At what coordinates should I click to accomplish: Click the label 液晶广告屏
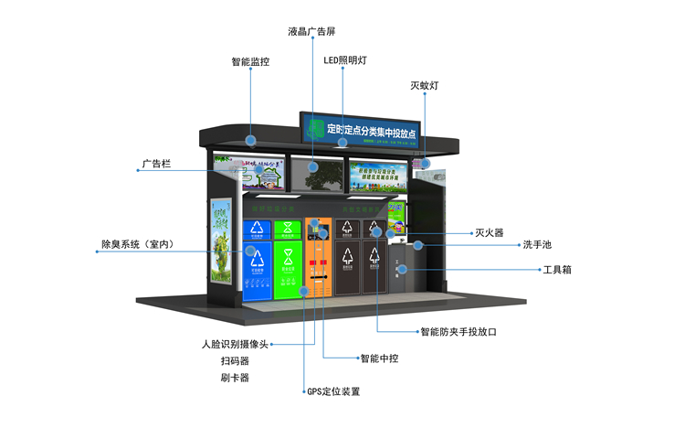click(x=311, y=31)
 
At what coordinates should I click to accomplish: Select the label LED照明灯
click(x=345, y=60)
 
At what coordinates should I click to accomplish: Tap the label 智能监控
click(x=250, y=62)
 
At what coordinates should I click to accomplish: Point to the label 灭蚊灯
click(x=425, y=85)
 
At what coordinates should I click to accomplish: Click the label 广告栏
click(x=156, y=166)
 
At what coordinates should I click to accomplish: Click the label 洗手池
click(x=539, y=245)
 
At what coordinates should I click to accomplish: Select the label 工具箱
click(x=557, y=270)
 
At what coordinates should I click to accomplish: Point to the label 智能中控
click(x=379, y=358)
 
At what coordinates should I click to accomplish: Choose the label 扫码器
click(x=235, y=361)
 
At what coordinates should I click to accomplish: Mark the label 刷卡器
click(x=235, y=377)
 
